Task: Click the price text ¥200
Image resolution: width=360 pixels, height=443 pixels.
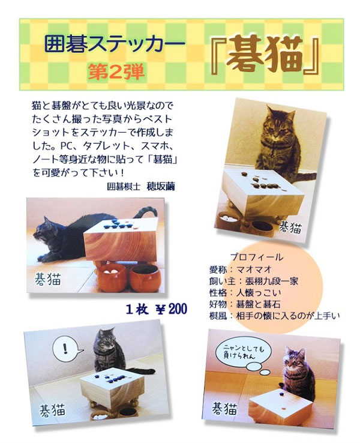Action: [x=172, y=309]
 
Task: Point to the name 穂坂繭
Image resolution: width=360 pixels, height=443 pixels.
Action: [x=161, y=187]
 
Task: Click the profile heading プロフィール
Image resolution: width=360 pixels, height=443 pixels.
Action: [x=257, y=257]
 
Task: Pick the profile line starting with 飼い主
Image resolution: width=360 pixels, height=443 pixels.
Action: [x=254, y=281]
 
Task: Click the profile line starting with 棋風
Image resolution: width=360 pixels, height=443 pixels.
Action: [x=274, y=316]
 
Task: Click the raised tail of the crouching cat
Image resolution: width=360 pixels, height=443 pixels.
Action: [x=145, y=212]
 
